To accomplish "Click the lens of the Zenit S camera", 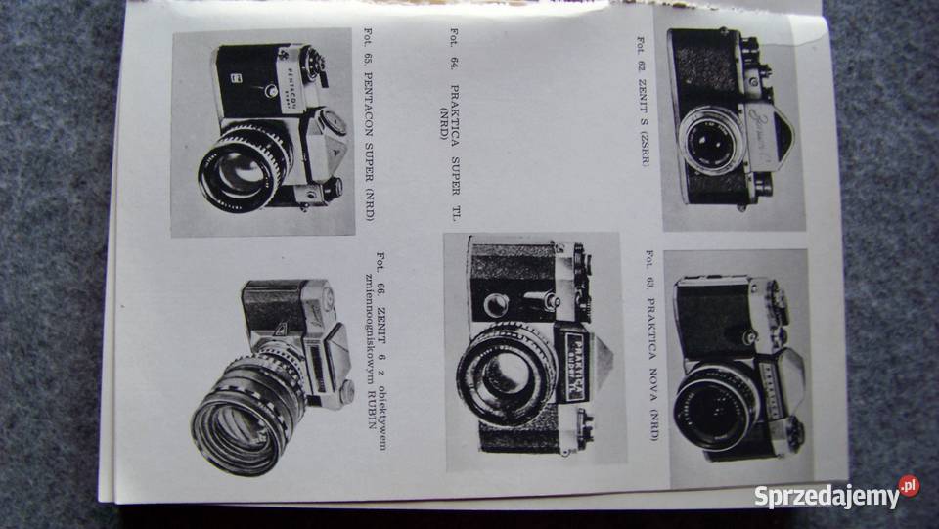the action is (x=709, y=141).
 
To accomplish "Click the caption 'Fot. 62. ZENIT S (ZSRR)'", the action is (x=642, y=101).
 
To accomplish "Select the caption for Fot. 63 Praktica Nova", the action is (x=652, y=346).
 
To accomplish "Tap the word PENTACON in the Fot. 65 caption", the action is (x=368, y=106).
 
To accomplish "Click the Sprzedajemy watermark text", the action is (x=827, y=496).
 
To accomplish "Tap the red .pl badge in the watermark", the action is (x=909, y=485).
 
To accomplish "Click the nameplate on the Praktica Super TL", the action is (x=577, y=365).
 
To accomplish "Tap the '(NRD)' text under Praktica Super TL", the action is (x=444, y=122).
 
